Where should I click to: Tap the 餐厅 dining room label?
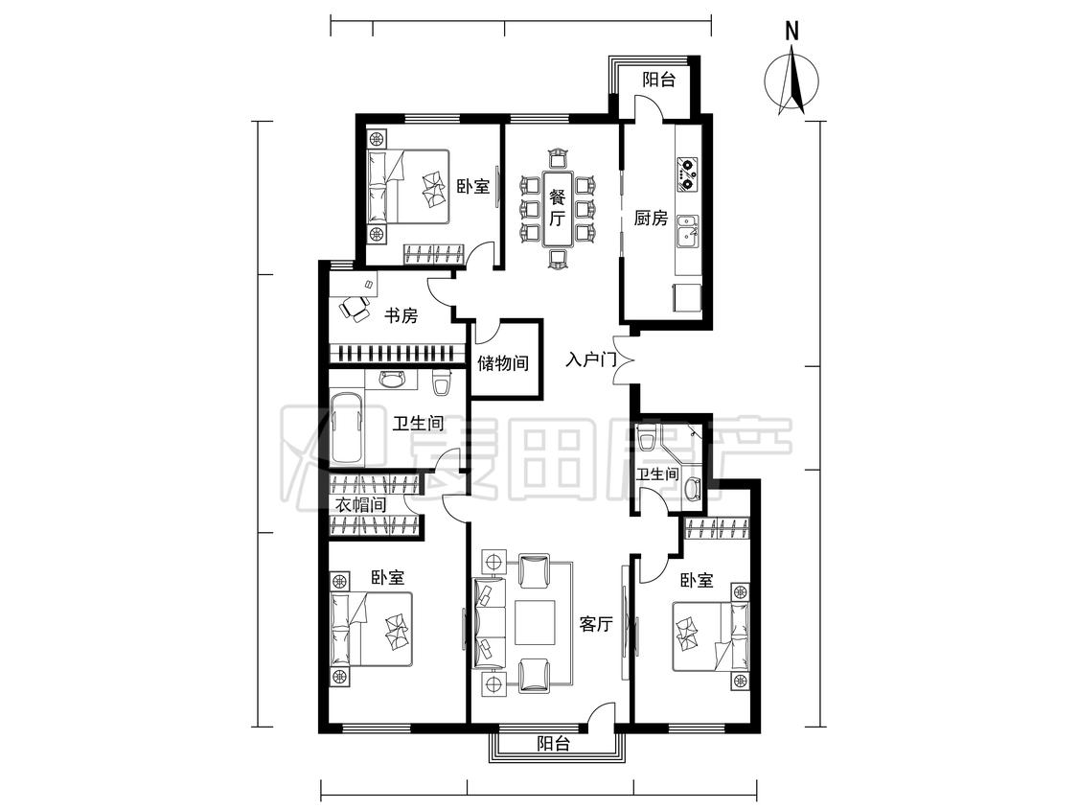(557, 208)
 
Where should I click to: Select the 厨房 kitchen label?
(651, 219)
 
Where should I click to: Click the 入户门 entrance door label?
(590, 359)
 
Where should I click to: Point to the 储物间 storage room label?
(503, 362)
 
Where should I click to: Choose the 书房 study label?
(401, 315)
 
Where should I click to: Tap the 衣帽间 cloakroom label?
(360, 504)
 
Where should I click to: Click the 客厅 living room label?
(595, 624)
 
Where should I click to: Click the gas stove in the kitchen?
(687, 174)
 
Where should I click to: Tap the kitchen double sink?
(687, 231)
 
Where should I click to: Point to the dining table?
(557, 208)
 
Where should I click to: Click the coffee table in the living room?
(535, 623)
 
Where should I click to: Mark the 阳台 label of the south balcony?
(553, 743)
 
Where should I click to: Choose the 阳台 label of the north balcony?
(658, 80)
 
